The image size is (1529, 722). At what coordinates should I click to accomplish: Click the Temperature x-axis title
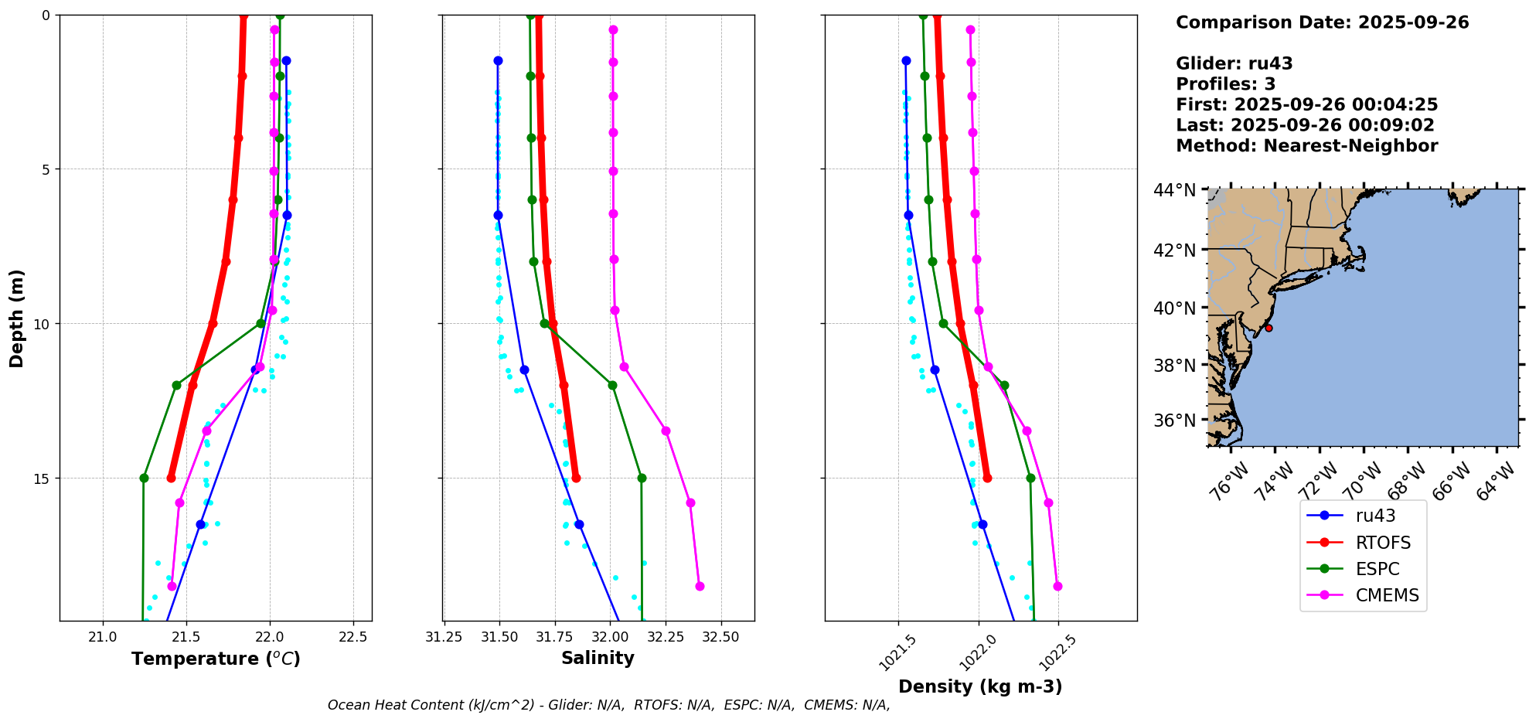pos(216,659)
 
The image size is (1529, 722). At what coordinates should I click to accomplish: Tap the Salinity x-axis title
pos(598,658)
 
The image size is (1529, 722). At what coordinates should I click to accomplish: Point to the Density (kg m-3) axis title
pos(979,686)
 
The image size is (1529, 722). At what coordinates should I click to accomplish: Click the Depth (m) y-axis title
pos(17,318)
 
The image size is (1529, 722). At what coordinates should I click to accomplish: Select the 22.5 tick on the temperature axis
pos(353,637)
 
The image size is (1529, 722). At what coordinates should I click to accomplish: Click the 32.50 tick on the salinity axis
pos(721,637)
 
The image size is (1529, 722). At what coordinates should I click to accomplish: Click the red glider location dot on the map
pos(1268,328)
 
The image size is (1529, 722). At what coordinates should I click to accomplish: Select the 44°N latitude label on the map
pos(1174,190)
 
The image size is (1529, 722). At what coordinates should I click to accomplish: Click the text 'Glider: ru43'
pos(1234,64)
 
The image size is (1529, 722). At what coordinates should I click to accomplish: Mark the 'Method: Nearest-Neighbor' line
pos(1306,146)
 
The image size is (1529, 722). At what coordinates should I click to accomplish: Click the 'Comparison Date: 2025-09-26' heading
pos(1322,22)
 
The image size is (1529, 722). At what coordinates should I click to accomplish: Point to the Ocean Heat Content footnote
pos(608,705)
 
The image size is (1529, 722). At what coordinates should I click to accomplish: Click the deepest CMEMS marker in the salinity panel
pos(700,586)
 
